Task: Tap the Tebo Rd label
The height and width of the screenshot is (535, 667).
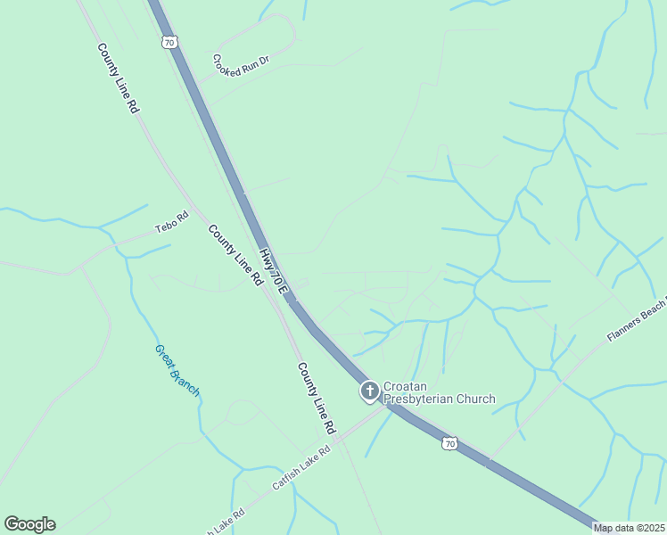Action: click(173, 222)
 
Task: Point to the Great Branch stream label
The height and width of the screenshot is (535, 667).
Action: click(177, 370)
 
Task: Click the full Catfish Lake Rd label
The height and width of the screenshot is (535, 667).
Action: click(301, 467)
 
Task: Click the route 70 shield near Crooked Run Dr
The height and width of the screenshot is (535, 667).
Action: click(169, 42)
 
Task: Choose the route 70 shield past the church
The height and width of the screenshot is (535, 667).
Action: click(451, 443)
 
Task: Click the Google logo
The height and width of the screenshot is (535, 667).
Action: click(29, 524)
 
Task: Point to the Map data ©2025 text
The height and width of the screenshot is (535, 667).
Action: click(630, 528)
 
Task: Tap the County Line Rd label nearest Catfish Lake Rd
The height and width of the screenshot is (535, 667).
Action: click(317, 398)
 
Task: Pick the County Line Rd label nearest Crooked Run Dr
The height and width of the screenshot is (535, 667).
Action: click(119, 78)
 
